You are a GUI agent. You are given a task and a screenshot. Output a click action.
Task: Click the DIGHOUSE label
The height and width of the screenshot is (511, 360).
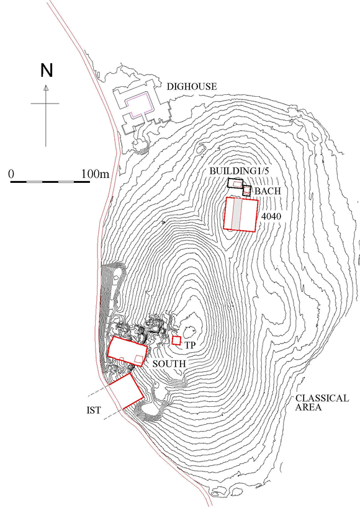tap(192, 87)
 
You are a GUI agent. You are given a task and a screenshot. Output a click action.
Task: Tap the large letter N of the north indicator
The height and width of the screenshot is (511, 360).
tap(47, 71)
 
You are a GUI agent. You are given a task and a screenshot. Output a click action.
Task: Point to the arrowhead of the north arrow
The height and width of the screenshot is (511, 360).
tap(46, 87)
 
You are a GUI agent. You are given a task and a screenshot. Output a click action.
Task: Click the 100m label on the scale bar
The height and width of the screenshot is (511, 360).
tap(95, 174)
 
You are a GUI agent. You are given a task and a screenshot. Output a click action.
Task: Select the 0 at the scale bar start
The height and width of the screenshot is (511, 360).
tap(11, 174)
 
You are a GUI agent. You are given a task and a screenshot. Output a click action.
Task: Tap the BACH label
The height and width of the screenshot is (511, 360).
tap(268, 191)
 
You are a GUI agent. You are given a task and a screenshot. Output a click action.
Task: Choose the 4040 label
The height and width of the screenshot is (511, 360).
tap(271, 216)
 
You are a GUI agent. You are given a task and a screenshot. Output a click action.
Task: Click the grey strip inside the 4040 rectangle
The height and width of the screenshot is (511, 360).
tap(237, 214)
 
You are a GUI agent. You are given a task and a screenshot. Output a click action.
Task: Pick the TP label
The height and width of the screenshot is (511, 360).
tap(190, 345)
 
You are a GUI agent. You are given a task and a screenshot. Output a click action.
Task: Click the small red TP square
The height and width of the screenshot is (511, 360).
tap(176, 340)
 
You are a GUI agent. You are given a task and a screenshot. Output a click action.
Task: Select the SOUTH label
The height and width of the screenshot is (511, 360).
tap(169, 363)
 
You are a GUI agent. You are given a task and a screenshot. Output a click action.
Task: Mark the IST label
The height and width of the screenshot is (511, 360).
tap(94, 411)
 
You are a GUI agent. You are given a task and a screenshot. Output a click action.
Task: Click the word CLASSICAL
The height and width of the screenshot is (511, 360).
tap(322, 398)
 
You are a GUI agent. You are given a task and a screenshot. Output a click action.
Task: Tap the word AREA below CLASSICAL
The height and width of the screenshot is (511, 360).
tap(308, 407)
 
